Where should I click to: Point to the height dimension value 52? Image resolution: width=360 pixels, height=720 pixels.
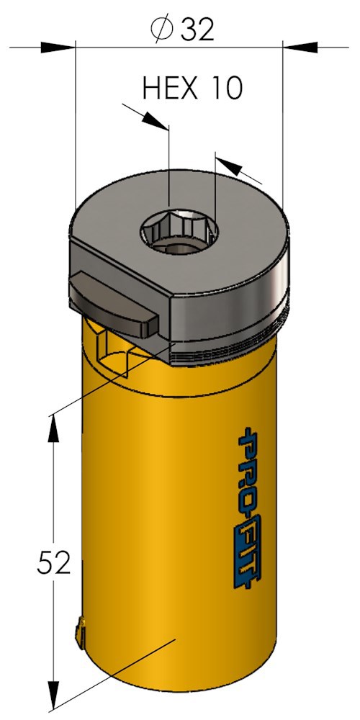point(54,563)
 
